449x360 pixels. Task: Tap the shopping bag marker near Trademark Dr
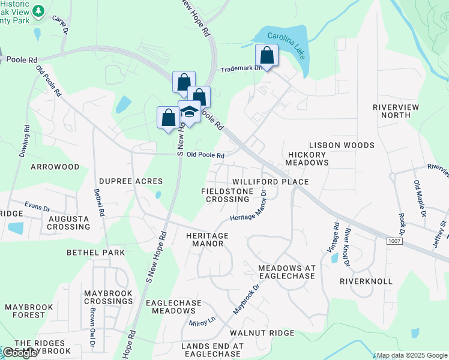[267, 56]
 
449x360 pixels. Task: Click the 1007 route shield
[394, 241]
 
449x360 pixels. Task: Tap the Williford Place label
[270, 182]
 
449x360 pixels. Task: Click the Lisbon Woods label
[342, 145]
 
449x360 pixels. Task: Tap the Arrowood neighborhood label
[55, 166]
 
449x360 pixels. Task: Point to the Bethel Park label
[96, 253]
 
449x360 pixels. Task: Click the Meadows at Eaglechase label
[286, 271]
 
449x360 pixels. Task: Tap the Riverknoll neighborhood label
[366, 281]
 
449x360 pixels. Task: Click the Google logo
[20, 353]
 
